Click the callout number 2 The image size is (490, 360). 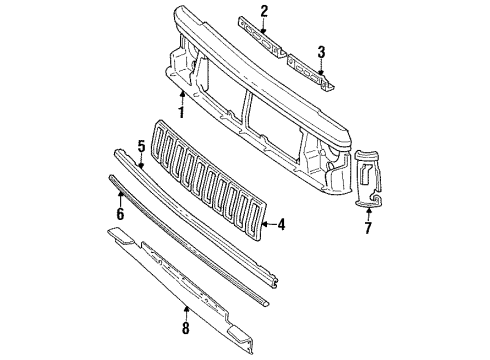pos(264,11)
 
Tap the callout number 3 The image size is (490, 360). pos(321,52)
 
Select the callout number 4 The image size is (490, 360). pos(282,225)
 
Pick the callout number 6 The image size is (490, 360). pos(119,213)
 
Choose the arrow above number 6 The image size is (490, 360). pos(119,198)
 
